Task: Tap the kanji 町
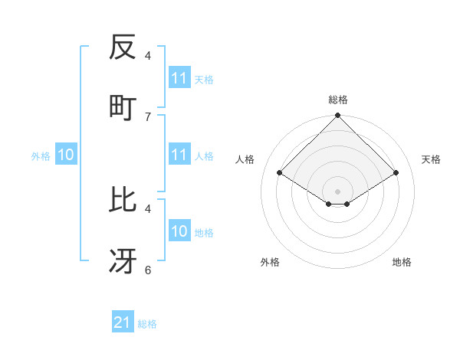123,107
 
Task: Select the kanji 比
123,199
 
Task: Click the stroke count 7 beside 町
148,116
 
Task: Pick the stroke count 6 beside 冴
148,270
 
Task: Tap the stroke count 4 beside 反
148,56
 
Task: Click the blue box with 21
123,323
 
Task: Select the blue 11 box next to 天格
179,78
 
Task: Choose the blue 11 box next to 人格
179,155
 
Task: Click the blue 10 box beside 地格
179,231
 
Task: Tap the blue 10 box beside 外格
66,155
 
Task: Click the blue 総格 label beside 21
147,324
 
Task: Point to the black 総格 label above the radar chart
338,100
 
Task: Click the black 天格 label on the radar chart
432,159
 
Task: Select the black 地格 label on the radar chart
402,262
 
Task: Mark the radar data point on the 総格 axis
338,116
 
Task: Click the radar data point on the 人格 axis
280,173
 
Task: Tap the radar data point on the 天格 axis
396,173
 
